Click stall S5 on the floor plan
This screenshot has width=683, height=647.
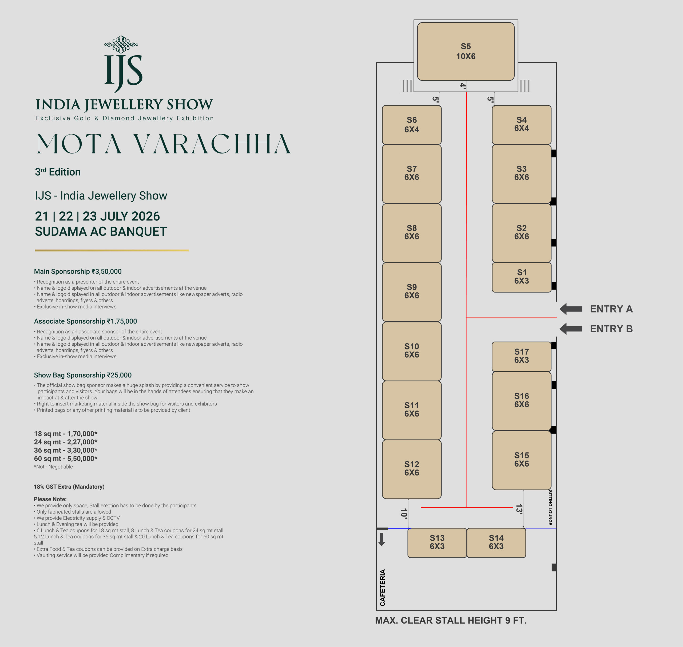466,52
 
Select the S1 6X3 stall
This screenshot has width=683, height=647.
521,277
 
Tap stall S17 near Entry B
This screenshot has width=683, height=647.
521,356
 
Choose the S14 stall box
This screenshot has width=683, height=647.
496,542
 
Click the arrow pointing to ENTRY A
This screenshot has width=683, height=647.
571,309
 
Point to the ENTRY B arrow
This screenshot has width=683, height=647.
571,329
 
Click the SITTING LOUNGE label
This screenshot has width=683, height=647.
550,507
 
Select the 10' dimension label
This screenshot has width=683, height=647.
404,513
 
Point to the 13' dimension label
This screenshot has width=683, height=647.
519,509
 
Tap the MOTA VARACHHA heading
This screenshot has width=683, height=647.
164,144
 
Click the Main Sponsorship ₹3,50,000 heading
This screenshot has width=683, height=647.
78,271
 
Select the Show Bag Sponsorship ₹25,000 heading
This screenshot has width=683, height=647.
83,375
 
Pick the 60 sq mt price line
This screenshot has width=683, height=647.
66,458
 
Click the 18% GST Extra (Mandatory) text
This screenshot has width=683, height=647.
69,487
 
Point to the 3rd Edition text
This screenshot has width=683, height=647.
58,172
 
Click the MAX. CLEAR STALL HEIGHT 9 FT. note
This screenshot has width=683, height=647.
451,621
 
